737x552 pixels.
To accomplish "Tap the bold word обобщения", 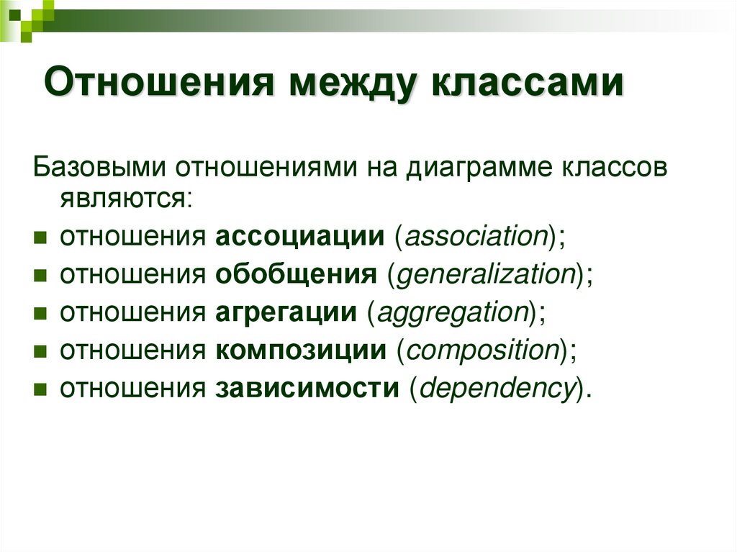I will pyautogui.click(x=295, y=274).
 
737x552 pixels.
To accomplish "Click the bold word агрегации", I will pyautogui.click(x=286, y=312).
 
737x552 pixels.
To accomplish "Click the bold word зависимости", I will pyautogui.click(x=307, y=389).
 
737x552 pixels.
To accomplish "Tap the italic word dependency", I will pyautogui.click(x=497, y=389).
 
